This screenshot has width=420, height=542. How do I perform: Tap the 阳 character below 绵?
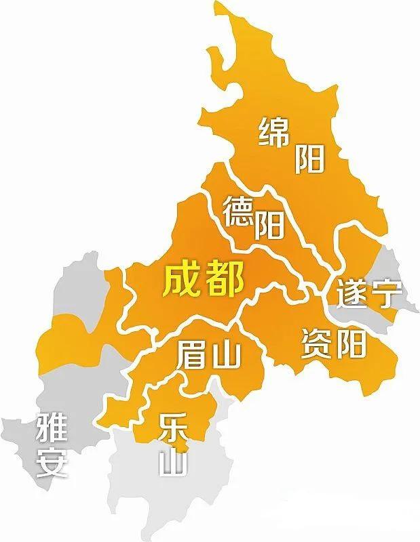coord(309,159)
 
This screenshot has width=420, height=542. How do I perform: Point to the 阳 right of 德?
coord(269,226)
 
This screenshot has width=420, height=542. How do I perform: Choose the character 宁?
coord(387,293)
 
